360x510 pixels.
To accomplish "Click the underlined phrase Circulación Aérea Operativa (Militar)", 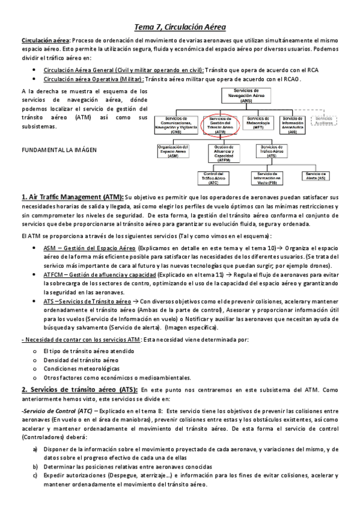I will coord(93,79).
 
